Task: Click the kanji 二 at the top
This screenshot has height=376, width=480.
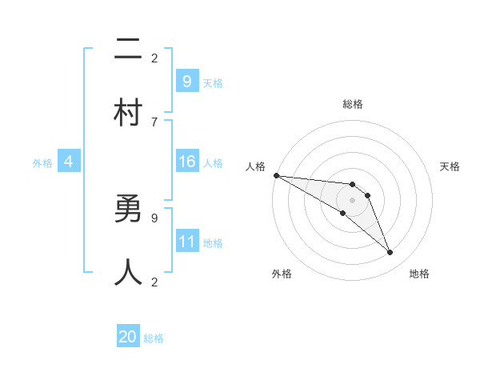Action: [x=129, y=50]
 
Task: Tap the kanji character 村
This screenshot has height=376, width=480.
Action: [x=129, y=113]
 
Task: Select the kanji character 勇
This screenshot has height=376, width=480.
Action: [x=129, y=210]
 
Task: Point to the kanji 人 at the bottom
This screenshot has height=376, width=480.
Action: [x=129, y=272]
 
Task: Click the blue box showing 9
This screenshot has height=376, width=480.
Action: [x=186, y=81]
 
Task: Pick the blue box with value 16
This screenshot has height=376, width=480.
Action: [x=186, y=162]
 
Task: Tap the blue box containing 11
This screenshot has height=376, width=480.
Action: [x=186, y=242]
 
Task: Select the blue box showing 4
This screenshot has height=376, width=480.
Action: [x=69, y=162]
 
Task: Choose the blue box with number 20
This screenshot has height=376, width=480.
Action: [x=128, y=337]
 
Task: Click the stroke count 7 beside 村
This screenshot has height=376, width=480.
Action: [x=154, y=122]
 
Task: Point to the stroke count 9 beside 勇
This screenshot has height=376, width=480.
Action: [x=154, y=217]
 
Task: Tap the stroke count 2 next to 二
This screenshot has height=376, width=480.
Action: [x=154, y=58]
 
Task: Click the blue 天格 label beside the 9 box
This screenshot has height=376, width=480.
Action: [x=213, y=82]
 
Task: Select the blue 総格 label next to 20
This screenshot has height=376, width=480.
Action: [x=154, y=338]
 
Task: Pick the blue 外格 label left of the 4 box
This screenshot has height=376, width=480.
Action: [x=42, y=163]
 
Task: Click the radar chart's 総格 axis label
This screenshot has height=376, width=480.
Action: [x=353, y=104]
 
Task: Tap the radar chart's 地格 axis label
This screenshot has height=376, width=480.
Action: [x=419, y=274]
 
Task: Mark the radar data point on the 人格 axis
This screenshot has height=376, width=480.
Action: [x=276, y=175]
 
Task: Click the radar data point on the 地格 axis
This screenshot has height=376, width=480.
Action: [x=390, y=253]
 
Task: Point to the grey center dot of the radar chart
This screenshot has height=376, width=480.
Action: [x=352, y=200]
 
